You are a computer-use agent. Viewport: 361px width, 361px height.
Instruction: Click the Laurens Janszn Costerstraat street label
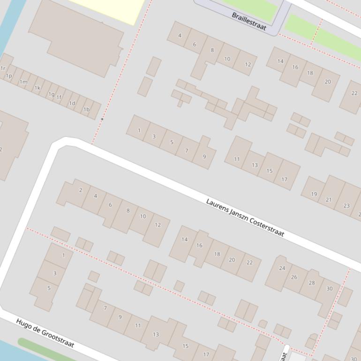245,218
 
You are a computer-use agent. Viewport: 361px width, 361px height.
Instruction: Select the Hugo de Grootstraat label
45,333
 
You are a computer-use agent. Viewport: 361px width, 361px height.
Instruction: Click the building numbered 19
314,194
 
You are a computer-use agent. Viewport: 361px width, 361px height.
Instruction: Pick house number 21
329,200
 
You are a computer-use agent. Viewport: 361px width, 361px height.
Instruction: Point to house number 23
346,205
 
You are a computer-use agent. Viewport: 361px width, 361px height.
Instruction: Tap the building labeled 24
282,268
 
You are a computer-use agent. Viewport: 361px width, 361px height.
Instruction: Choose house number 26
294,277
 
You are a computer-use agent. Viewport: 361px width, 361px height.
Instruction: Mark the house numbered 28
312,283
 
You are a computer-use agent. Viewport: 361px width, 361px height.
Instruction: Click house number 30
330,289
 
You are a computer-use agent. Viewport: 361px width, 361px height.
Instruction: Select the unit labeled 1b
86,110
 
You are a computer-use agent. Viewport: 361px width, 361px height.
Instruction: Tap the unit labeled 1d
72,104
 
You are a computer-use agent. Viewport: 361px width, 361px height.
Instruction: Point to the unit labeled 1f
59,98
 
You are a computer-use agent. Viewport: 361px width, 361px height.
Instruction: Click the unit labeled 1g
51,94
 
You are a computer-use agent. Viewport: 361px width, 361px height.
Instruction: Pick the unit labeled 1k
37,88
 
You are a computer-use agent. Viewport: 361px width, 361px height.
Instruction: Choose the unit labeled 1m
23,82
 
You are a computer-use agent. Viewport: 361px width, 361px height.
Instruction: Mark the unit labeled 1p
9,75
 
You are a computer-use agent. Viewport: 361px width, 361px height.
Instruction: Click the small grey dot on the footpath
102,119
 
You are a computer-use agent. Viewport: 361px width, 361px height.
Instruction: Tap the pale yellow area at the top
108,9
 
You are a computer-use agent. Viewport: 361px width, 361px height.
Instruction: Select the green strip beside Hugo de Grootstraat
47,349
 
